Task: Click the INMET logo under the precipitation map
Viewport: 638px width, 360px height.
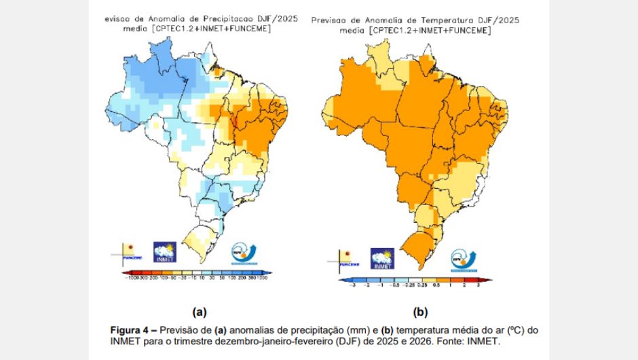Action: click(164, 251)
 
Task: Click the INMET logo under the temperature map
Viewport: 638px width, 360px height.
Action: click(382, 258)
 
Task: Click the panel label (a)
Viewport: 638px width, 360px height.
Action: click(200, 312)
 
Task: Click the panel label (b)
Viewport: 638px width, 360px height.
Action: click(421, 312)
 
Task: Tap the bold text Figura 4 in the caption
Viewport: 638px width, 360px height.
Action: click(131, 330)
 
